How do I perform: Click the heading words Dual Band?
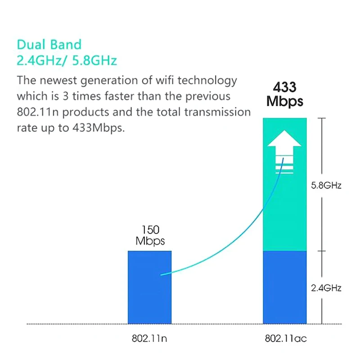(x=49, y=45)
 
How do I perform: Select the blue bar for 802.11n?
(x=149, y=297)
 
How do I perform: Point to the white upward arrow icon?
(x=284, y=153)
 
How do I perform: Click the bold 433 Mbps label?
(x=284, y=94)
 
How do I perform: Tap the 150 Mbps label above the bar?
(x=150, y=235)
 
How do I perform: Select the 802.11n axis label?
(x=150, y=338)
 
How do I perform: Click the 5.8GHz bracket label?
(x=326, y=185)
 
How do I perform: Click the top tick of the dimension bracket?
(x=321, y=118)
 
